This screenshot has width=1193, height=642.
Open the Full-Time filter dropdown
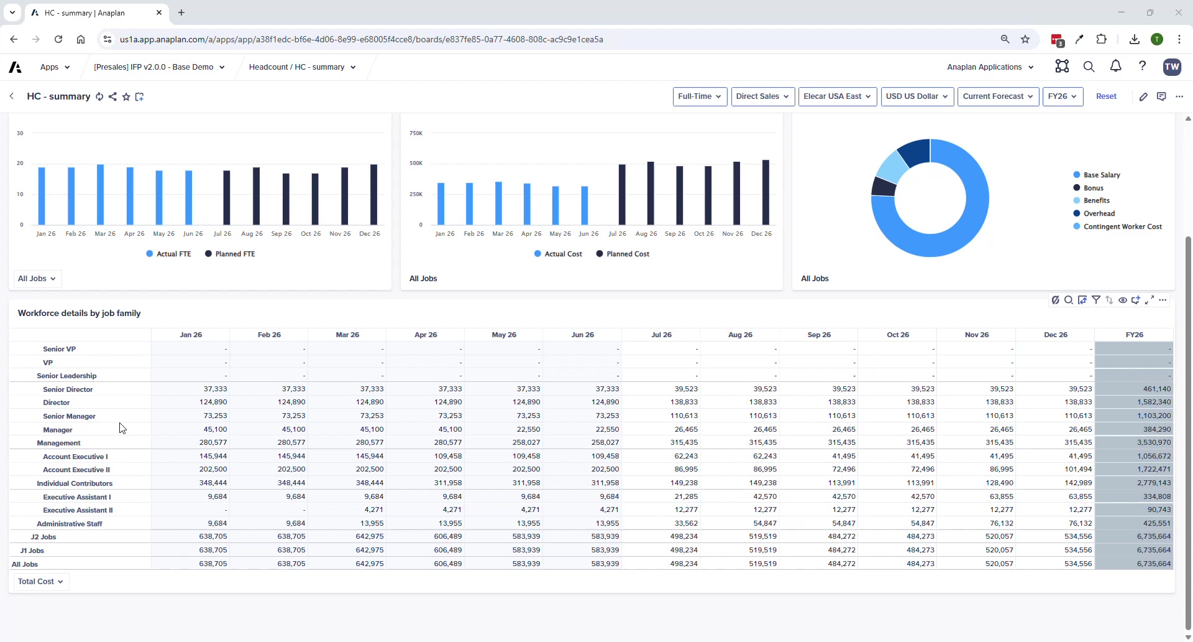pyautogui.click(x=700, y=96)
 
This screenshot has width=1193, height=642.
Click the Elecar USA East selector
pyautogui.click(x=837, y=96)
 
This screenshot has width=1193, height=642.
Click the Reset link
pyautogui.click(x=1105, y=96)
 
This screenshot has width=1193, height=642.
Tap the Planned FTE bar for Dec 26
pyautogui.click(x=373, y=195)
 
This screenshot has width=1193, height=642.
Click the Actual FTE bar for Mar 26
pyautogui.click(x=101, y=195)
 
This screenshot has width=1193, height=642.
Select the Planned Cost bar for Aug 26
pyautogui.click(x=651, y=193)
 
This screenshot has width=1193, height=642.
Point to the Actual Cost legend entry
pyautogui.click(x=558, y=254)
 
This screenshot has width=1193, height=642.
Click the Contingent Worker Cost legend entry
pyautogui.click(x=1122, y=226)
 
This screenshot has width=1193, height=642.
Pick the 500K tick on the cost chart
pyautogui.click(x=416, y=163)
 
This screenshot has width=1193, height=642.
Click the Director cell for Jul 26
pyautogui.click(x=683, y=402)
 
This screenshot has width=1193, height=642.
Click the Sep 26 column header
pyautogui.click(x=818, y=335)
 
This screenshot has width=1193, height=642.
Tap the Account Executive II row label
pyautogui.click(x=76, y=470)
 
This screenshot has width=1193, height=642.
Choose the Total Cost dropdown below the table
pyautogui.click(x=41, y=582)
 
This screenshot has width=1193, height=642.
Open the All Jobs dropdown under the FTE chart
pyautogui.click(x=37, y=279)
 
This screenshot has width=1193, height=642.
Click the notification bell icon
pyautogui.click(x=1115, y=67)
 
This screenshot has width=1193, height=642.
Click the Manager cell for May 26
pyautogui.click(x=528, y=429)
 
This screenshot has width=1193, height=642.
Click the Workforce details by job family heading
pyautogui.click(x=79, y=314)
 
